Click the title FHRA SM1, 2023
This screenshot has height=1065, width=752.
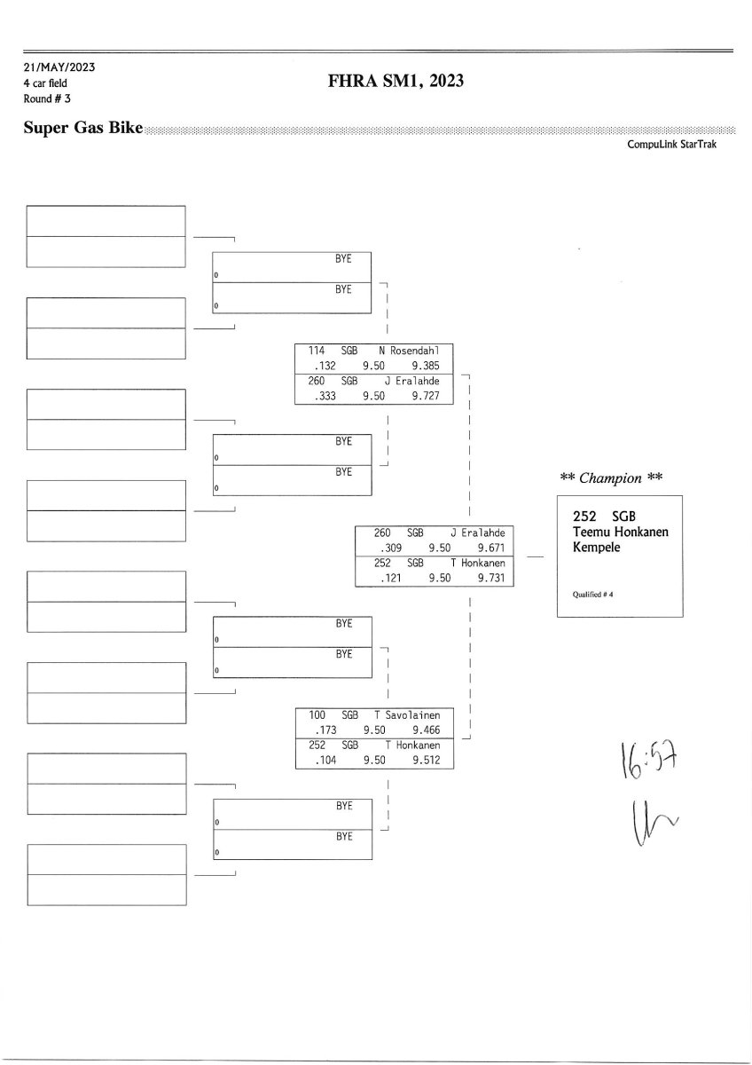[396, 83]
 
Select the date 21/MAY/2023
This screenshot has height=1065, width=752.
[59, 67]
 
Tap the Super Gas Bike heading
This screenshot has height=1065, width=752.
[83, 130]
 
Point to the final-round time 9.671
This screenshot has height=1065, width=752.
[491, 548]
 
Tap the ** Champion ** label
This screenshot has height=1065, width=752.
[613, 477]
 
